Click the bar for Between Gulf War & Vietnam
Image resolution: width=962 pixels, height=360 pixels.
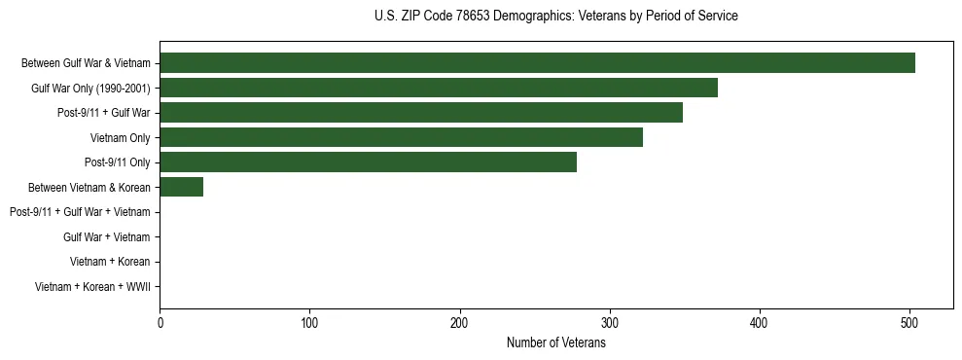coord(537,63)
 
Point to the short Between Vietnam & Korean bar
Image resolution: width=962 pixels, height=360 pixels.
coord(181,187)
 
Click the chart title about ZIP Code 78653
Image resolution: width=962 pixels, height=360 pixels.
coord(555,17)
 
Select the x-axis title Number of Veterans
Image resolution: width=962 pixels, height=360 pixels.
coord(555,342)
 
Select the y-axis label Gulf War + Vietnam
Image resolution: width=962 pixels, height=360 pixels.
coord(106,237)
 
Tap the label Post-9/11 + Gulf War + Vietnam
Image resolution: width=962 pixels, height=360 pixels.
coord(80,212)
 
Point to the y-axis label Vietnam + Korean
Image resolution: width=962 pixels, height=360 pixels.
coord(110,262)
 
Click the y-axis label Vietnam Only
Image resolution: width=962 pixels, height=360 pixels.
coord(120,138)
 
